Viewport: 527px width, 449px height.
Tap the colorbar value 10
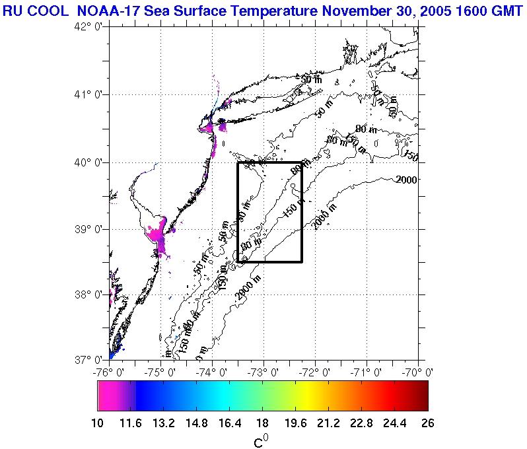(x=98, y=423)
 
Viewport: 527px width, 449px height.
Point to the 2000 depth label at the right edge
(x=407, y=180)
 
